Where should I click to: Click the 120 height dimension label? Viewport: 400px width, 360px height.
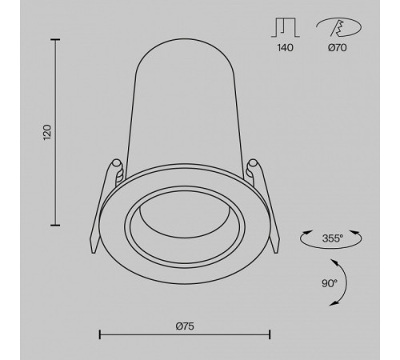pyautogui.click(x=47, y=132)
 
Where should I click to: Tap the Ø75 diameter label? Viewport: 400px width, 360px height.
pyautogui.click(x=185, y=326)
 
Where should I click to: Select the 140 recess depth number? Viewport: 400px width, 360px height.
pyautogui.click(x=286, y=48)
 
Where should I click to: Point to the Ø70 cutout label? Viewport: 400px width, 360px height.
pyautogui.click(x=338, y=48)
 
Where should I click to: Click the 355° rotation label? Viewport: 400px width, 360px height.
pyautogui.click(x=333, y=238)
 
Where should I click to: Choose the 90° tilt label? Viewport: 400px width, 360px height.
pyautogui.click(x=330, y=283)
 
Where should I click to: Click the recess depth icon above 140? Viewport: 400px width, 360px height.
pyautogui.click(x=286, y=27)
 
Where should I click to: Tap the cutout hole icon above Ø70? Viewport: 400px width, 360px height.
pyautogui.click(x=338, y=27)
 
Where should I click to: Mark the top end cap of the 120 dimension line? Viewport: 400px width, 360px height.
pyautogui.click(x=55, y=40)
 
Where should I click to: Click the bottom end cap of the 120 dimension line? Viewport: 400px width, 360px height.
pyautogui.click(x=55, y=226)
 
